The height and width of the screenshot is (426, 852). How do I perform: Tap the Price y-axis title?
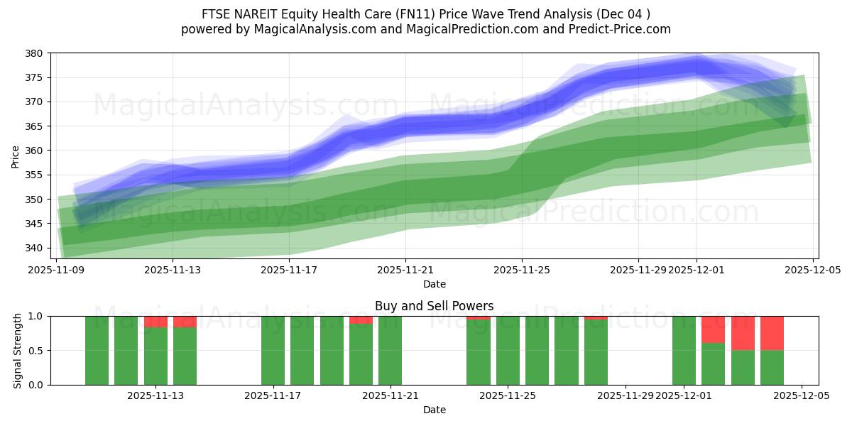16,155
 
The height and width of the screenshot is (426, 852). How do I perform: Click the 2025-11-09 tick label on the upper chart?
57,270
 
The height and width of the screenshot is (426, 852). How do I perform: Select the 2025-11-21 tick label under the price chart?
405,270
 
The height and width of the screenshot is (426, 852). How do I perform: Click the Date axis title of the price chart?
435,284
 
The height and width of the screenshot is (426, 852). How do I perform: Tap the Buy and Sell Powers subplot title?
435,307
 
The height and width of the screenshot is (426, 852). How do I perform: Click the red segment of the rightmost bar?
772,333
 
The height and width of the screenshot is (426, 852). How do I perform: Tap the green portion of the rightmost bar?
772,368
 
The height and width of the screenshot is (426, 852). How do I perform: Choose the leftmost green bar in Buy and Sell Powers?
97,351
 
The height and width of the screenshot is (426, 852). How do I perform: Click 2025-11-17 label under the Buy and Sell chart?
273,395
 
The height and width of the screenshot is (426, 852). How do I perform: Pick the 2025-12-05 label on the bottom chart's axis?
802,395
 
